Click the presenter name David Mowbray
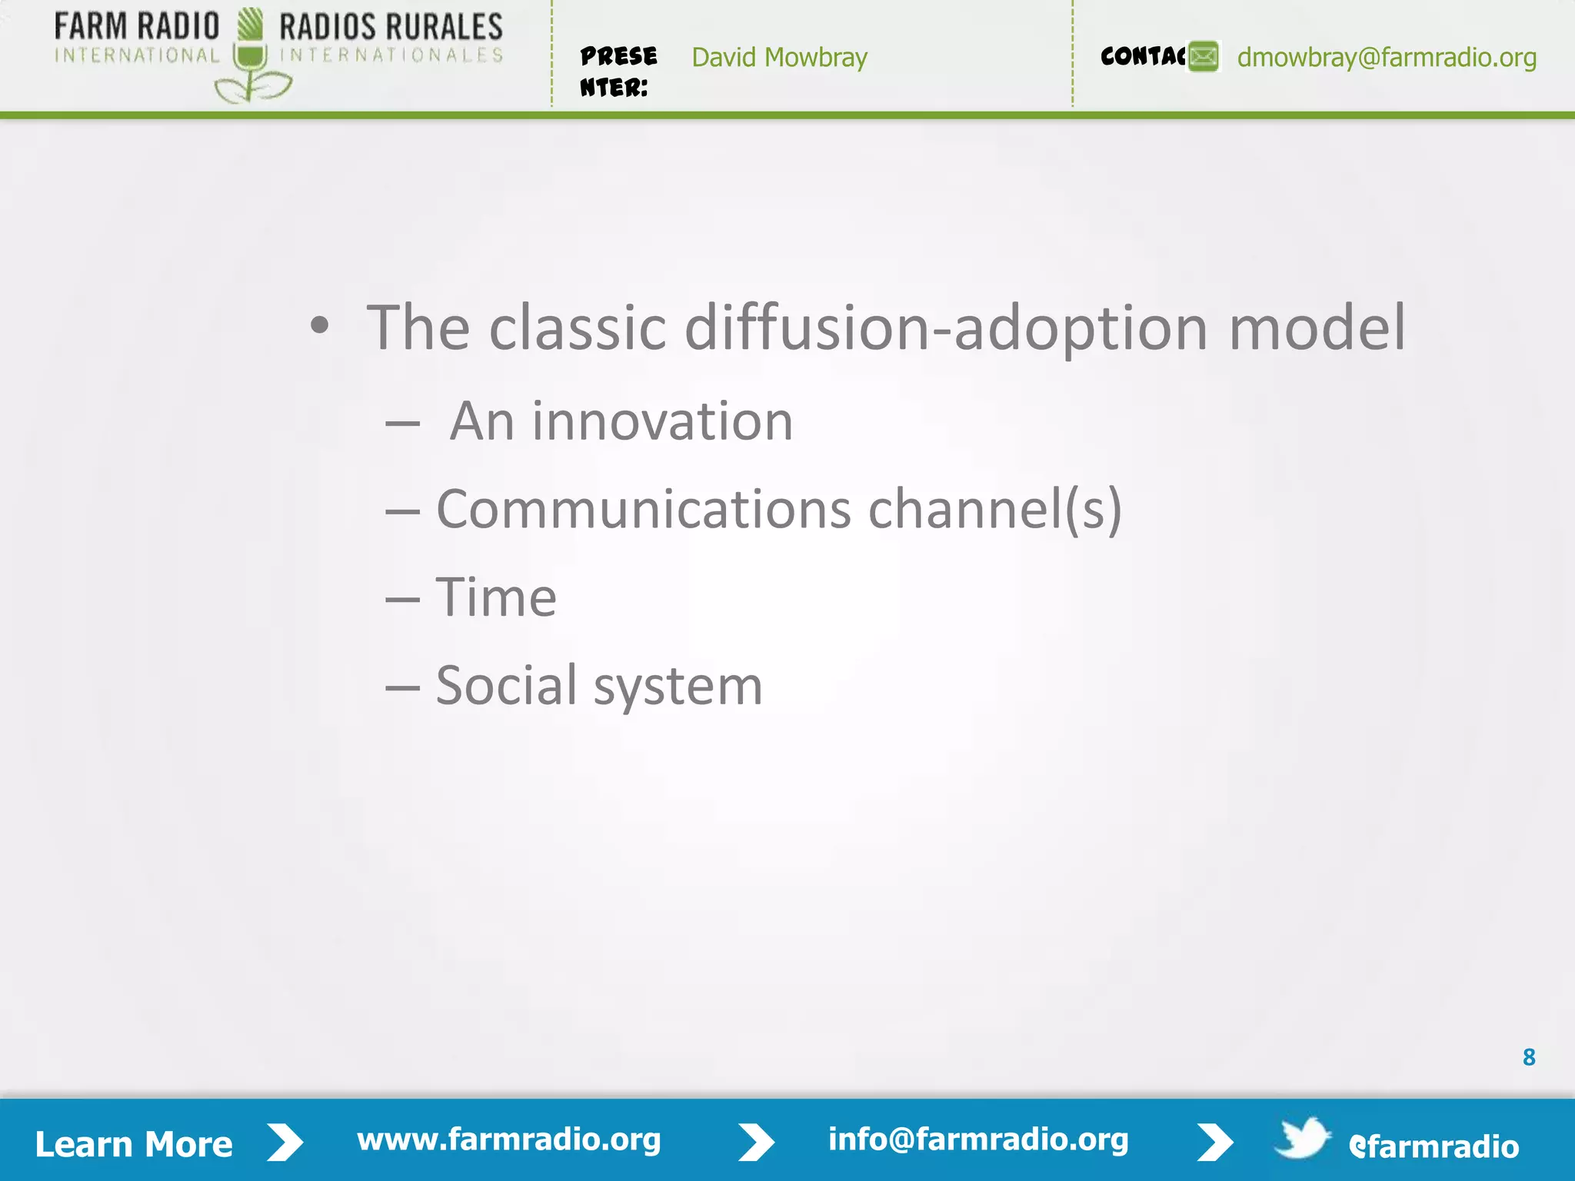point(779,58)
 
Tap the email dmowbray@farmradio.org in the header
point(1386,58)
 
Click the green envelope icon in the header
point(1204,56)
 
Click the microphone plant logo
point(251,58)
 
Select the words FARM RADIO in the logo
point(137,27)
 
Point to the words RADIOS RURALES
point(391,27)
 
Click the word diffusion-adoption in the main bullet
point(946,328)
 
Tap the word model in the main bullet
point(1317,328)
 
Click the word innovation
point(662,422)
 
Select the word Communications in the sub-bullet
point(644,510)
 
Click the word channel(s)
point(994,510)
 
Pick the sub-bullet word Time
point(496,597)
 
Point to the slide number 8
point(1528,1057)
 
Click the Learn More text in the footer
point(134,1144)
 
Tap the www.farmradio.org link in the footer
point(508,1139)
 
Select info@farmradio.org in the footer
point(977,1139)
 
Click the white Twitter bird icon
point(1302,1138)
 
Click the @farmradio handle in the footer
point(1433,1146)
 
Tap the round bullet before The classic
point(319,327)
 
